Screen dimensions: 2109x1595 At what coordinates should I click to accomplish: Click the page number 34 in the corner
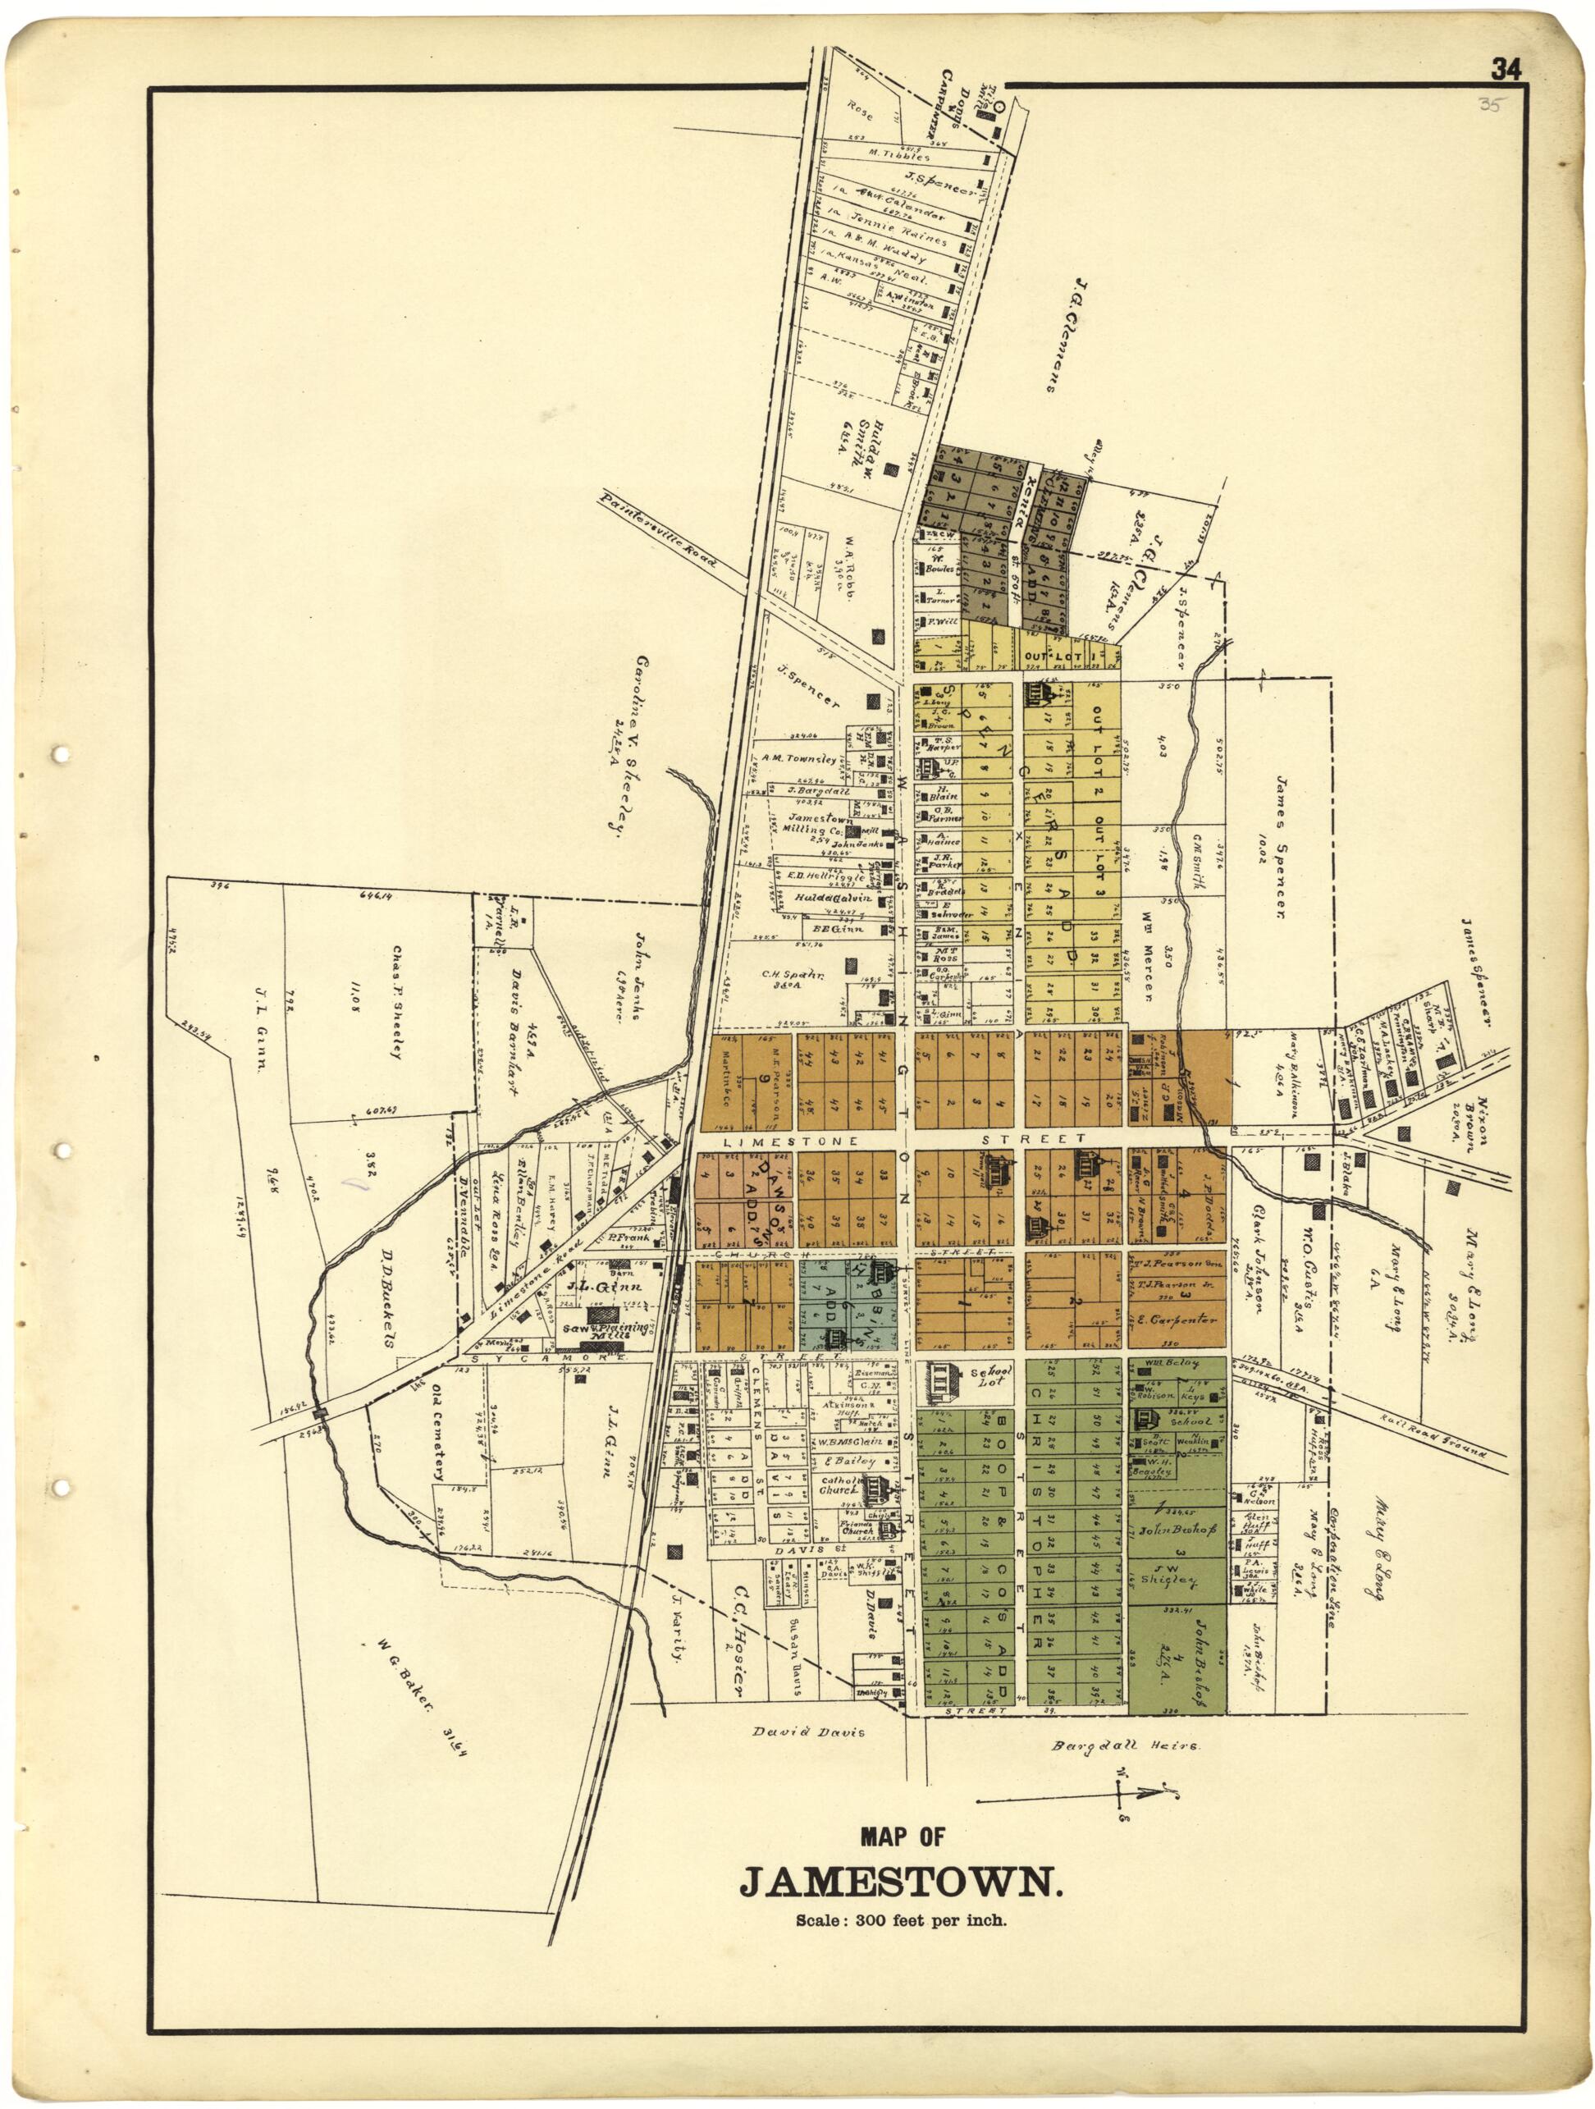[x=1506, y=69]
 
